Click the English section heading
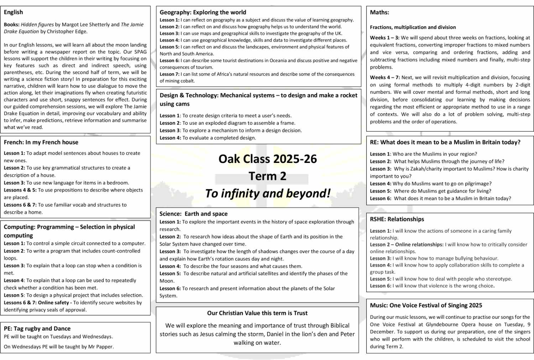[14, 12]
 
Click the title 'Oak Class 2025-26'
[267, 159]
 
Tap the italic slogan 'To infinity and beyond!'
[268, 194]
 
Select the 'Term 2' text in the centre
[267, 176]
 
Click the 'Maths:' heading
[379, 12]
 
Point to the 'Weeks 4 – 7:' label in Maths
[385, 77]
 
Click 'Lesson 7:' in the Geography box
[169, 74]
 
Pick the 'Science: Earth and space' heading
[193, 214]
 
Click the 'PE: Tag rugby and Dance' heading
[37, 328]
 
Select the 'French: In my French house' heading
[41, 142]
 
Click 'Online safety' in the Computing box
[53, 302]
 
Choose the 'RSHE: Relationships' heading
[397, 219]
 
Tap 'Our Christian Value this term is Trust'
[257, 313]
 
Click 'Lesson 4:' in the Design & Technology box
[170, 138]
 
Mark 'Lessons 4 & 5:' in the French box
[20, 190]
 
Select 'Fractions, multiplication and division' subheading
[413, 27]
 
